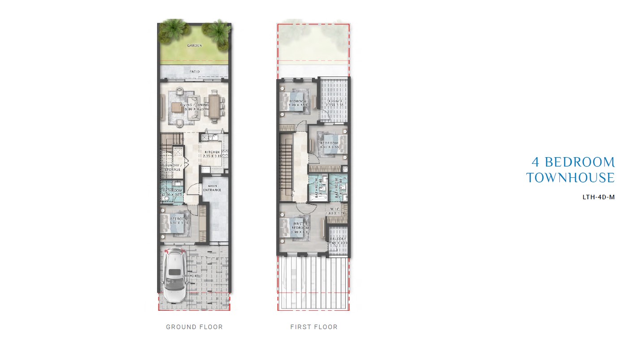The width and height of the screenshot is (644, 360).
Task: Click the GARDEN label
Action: [194, 45]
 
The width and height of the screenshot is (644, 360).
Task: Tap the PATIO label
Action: [194, 71]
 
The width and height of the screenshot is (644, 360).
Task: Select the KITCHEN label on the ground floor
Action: [212, 152]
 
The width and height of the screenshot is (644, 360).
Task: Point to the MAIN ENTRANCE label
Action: [212, 187]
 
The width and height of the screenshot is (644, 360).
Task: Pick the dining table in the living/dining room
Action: [214, 106]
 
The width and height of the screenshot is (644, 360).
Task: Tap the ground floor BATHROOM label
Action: [172, 191]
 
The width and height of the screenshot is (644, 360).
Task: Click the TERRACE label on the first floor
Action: [334, 102]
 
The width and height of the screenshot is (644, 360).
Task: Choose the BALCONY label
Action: [338, 239]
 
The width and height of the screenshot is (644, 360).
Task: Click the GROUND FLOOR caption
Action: [194, 327]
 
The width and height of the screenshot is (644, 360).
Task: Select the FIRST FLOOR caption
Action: [314, 327]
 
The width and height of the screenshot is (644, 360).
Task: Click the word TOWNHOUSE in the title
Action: [571, 178]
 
